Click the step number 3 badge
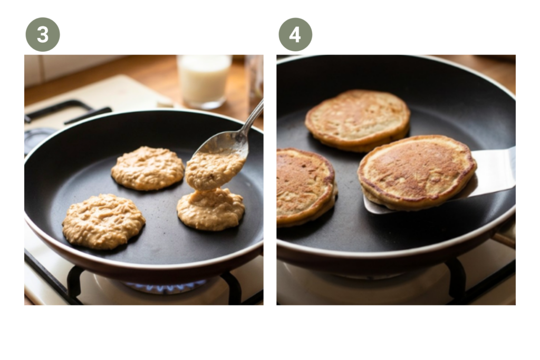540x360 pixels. tap(43, 34)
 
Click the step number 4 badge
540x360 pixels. tap(295, 34)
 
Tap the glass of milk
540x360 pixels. tap(204, 81)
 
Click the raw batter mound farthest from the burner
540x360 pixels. tap(148, 168)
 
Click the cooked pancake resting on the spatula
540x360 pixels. tap(417, 172)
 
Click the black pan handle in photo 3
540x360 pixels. tap(65, 112)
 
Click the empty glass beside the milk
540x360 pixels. tap(255, 79)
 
